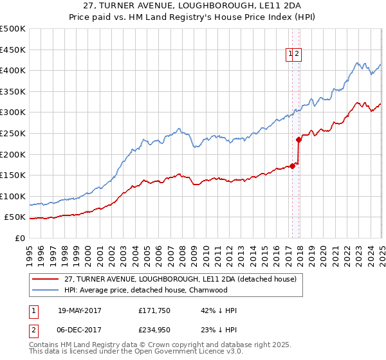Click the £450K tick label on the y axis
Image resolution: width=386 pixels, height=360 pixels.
(x=12, y=50)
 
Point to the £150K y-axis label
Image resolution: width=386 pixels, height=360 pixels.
(x=12, y=175)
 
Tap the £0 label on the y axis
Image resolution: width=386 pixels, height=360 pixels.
(x=19, y=238)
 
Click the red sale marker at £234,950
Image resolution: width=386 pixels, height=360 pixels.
(x=299, y=139)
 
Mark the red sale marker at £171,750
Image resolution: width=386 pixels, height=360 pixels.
(x=292, y=166)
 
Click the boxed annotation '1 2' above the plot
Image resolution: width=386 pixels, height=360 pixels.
(x=294, y=55)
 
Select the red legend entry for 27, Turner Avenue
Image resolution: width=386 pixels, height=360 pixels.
(x=180, y=279)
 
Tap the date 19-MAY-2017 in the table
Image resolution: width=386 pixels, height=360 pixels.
(x=80, y=310)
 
